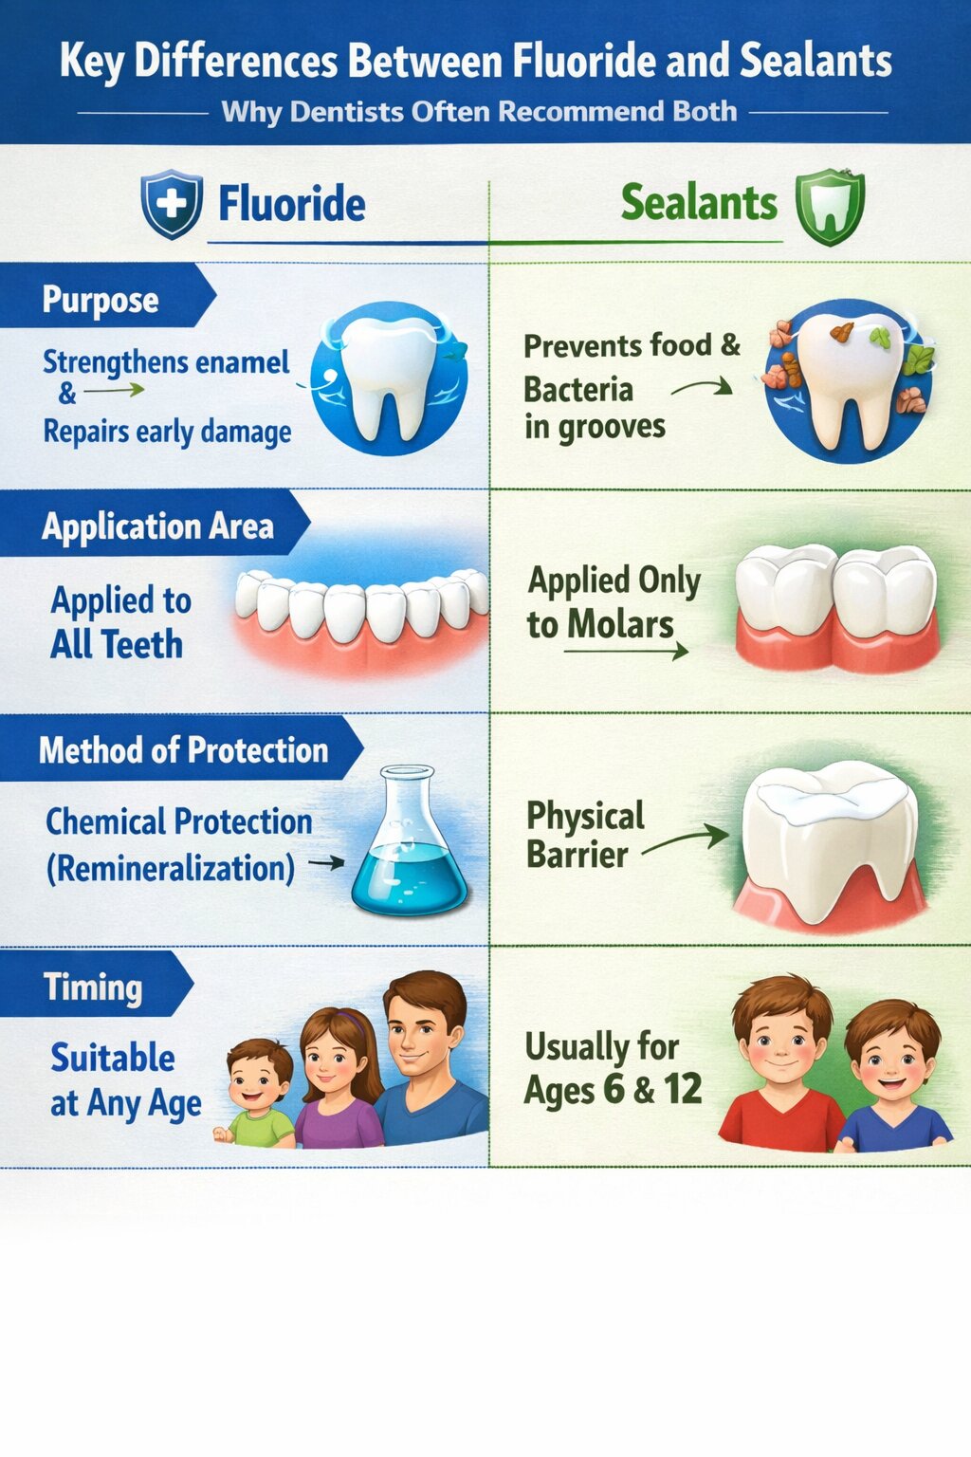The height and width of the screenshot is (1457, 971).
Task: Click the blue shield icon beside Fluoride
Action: coord(172,204)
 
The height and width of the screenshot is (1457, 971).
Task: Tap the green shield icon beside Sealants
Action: coord(830,206)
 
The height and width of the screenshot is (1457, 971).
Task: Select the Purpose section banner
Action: coord(101,300)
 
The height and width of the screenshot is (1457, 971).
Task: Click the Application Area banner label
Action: coord(157,526)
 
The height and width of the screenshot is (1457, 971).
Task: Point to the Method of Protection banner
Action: coord(183,750)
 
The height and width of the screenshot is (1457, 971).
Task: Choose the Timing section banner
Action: coord(93,987)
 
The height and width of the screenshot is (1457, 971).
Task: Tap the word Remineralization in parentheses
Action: coord(171,868)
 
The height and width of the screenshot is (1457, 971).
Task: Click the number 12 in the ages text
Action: coord(683,1089)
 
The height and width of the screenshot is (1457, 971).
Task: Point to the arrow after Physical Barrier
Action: coord(686,839)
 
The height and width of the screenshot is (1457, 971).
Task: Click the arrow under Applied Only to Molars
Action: coord(626,652)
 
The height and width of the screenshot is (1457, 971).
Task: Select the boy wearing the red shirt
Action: coord(780,1067)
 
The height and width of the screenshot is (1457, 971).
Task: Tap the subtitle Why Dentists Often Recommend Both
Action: coord(479,112)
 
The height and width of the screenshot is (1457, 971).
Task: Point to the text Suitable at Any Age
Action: coord(125,1080)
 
